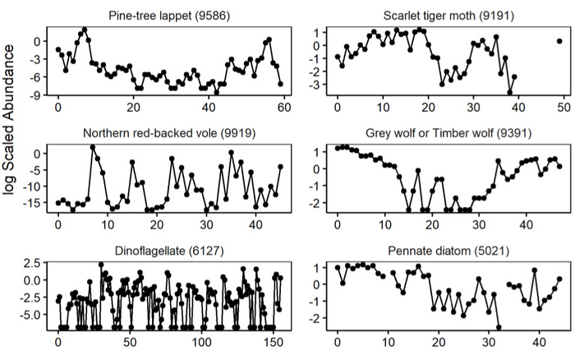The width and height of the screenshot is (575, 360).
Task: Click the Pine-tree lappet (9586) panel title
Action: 169,16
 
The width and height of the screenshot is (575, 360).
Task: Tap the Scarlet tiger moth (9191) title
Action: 448,16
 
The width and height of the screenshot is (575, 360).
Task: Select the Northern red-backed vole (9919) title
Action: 169,133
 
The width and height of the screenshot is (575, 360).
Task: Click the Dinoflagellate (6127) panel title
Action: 169,251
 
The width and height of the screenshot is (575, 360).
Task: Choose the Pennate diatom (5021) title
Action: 448,251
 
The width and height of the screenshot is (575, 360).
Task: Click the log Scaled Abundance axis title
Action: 8,120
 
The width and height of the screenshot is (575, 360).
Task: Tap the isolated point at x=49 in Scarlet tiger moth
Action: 559,41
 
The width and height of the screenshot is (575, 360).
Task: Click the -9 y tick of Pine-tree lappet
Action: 38,95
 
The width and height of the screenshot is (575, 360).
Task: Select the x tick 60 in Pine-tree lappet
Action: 284,108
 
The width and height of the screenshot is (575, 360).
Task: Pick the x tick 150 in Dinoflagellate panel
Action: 274,343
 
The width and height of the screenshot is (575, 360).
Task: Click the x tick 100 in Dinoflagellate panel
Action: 202,343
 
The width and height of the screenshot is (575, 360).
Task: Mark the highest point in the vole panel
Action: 93,147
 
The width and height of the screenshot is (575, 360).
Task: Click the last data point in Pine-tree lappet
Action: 281,84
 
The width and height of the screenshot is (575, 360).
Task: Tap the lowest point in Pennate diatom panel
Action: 499,327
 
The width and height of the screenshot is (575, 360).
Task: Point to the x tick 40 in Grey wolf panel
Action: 527,225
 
